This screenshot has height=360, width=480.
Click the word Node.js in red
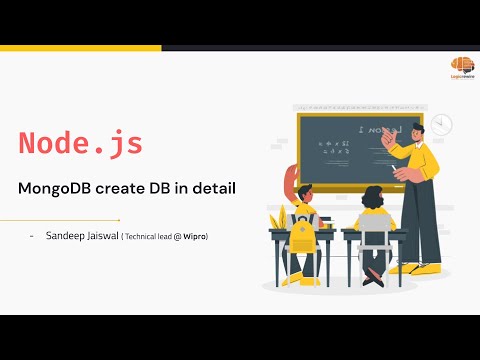tap(81, 143)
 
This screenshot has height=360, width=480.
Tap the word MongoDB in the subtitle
tap(61, 188)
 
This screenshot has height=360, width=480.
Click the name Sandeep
tap(66, 236)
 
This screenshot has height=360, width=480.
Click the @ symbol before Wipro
tap(176, 236)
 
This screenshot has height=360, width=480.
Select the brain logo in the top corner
tap(462, 62)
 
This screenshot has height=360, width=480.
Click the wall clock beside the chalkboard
tap(441, 125)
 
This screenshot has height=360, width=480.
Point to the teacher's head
tap(405, 125)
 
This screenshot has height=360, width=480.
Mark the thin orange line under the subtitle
tap(60, 219)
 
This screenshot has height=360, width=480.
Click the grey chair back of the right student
tap(374, 240)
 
